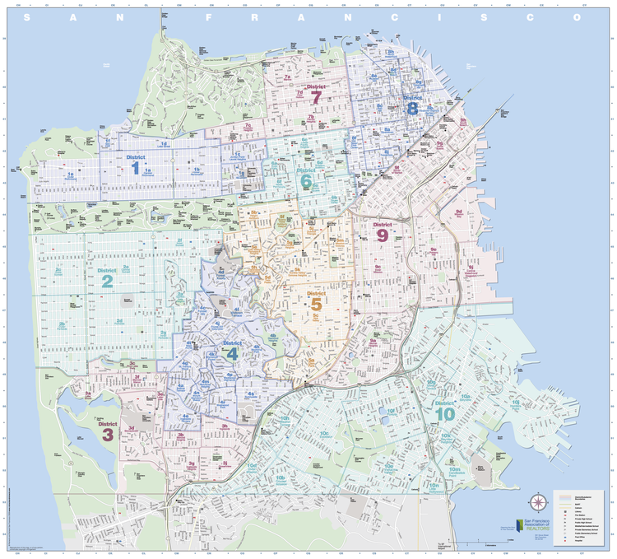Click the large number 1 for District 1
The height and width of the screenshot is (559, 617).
tap(135, 168)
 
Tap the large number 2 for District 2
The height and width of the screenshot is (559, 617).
tap(108, 282)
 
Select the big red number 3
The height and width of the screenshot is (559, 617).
tap(107, 434)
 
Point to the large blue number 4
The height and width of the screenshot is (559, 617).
tap(232, 355)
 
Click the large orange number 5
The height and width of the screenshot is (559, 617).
tap(316, 305)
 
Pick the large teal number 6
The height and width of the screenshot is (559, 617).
tap(306, 181)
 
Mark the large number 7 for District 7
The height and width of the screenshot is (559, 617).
tap(316, 97)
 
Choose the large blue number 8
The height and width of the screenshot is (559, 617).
tap(412, 107)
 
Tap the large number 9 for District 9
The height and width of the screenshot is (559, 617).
tap(383, 235)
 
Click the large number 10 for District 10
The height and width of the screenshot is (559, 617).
tap(444, 416)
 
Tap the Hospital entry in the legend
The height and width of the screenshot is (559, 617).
tap(568, 545)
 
